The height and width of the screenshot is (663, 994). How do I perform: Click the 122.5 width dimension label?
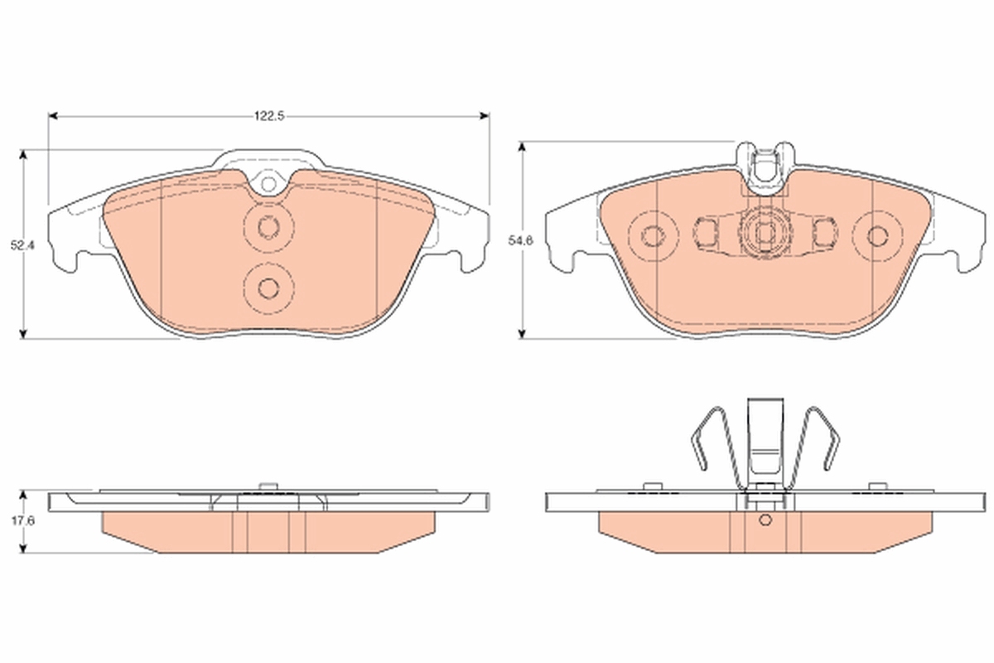pos(269,116)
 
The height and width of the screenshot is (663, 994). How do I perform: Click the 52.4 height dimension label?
pos(22,245)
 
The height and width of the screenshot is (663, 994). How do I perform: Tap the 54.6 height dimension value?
pos(520,241)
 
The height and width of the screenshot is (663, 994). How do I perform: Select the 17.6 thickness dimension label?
pos(22,521)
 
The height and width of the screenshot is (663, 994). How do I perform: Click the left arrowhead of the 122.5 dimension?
pos(53,116)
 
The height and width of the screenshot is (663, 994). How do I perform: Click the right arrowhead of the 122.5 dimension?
pos(485,116)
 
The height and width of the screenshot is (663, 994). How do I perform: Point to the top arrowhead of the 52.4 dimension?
pos(23,154)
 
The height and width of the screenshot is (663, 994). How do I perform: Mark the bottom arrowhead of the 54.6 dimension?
pos(523,334)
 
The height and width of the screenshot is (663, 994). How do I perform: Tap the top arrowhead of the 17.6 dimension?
pos(23,495)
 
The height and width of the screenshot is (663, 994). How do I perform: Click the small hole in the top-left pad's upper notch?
pos(268,183)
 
